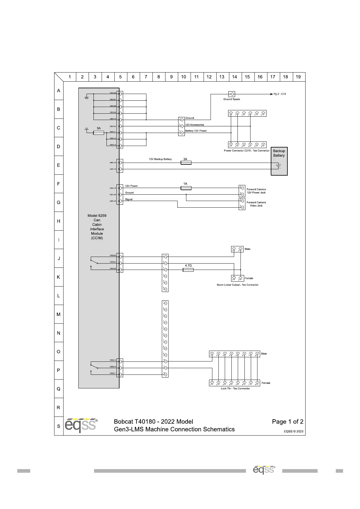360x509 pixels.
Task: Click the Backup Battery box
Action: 279,161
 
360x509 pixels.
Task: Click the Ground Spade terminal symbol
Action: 231,94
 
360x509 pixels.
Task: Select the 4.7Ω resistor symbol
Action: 188,270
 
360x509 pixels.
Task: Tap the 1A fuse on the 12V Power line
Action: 186,188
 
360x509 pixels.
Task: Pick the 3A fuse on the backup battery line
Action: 186,163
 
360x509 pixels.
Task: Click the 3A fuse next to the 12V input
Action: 99,133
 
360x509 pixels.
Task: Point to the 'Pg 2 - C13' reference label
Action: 280,94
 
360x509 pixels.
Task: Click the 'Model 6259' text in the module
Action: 97,216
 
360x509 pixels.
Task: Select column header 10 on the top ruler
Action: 184,77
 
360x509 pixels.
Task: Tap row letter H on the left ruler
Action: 59,221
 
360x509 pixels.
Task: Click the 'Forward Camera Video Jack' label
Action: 256,204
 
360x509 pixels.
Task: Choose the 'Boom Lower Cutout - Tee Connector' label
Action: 237,285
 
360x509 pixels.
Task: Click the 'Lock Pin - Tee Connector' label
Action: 235,388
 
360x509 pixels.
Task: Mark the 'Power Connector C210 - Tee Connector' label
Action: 247,151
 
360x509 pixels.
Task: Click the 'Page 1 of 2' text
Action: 287,421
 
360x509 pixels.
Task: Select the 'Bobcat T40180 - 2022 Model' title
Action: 153,421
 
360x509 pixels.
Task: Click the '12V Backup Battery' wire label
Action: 160,159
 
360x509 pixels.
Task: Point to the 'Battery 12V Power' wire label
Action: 196,131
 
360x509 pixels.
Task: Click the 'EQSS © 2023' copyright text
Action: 293,431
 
